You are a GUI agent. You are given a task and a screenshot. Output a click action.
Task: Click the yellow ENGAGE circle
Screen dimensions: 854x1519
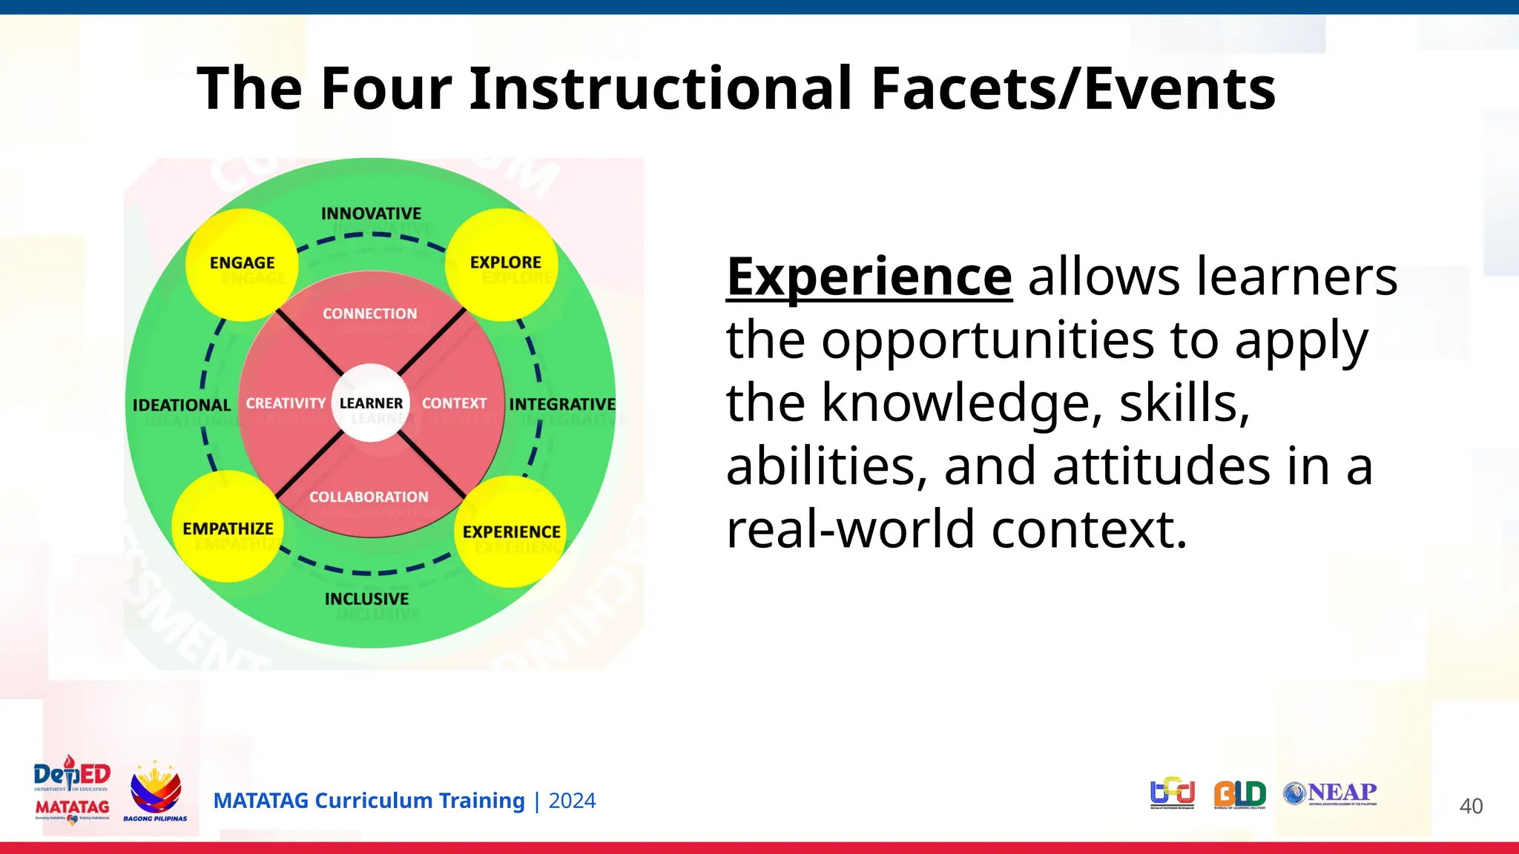pos(242,264)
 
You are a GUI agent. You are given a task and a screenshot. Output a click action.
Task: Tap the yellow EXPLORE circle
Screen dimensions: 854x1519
pos(502,264)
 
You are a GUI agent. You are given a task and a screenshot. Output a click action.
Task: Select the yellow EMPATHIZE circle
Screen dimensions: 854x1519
pos(228,527)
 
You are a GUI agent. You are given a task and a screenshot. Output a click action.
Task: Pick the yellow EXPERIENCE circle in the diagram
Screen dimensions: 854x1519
pos(510,531)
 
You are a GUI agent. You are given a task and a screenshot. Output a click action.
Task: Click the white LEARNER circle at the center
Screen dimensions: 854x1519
pos(371,403)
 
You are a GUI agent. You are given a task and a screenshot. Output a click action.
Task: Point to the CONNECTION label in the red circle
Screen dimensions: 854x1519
pos(369,314)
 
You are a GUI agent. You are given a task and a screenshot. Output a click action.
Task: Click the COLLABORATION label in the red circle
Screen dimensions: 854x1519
pos(369,497)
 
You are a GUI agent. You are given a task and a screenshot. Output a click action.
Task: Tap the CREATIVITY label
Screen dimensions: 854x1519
pos(286,403)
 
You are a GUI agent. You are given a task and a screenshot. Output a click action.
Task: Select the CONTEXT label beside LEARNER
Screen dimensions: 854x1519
pos(454,403)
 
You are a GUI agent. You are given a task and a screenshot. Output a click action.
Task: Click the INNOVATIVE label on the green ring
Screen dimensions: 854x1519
pos(371,213)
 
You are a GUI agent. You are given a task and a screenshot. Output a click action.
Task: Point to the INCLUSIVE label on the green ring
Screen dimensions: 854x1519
pos(366,598)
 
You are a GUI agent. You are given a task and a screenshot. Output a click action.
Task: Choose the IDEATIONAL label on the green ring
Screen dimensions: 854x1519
pos(182,405)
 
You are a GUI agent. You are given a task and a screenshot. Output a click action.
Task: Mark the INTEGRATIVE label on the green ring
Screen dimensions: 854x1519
pos(562,404)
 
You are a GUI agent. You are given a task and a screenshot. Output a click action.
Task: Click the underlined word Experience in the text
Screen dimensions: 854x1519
pos(869,277)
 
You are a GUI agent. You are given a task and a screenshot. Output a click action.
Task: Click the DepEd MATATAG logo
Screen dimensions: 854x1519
pos(72,790)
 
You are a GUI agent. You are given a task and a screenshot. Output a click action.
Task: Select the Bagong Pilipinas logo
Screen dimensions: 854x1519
pos(155,792)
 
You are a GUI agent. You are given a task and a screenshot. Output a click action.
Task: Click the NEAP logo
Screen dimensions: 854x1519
pos(1331,793)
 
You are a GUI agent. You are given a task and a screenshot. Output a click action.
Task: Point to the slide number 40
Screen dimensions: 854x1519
pos(1471,806)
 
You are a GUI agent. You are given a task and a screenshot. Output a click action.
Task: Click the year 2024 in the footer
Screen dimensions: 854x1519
pos(572,801)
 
